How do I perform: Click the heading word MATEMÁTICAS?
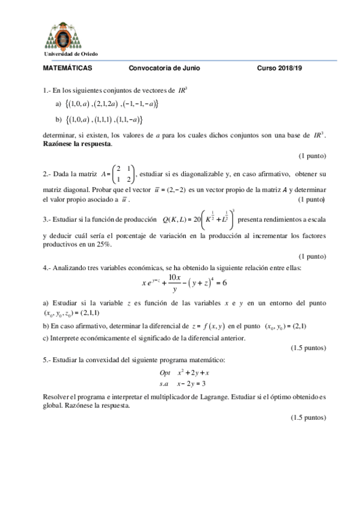click(x=68, y=69)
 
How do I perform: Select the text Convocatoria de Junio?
click(x=164, y=69)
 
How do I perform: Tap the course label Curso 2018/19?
click(x=280, y=69)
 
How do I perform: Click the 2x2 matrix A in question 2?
click(x=126, y=174)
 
